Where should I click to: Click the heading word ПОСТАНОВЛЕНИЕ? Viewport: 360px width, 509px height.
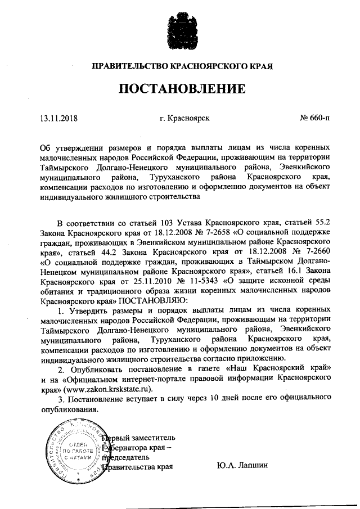[182, 88]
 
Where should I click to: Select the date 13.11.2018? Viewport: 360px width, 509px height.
[59, 118]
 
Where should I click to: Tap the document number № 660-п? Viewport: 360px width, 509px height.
[315, 118]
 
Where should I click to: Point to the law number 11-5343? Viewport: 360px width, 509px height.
[202, 280]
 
